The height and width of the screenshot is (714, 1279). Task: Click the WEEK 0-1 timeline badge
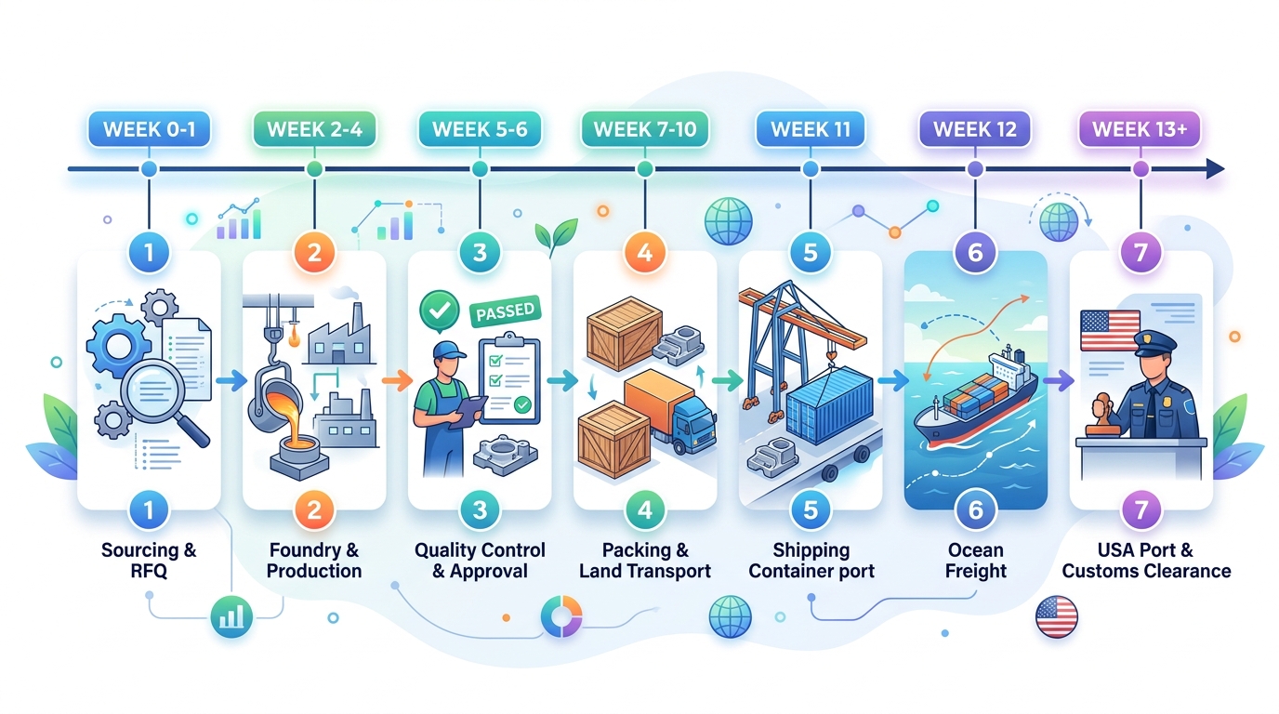coord(149,129)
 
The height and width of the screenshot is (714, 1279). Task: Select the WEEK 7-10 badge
coord(644,129)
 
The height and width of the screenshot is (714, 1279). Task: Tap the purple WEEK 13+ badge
coord(1140,129)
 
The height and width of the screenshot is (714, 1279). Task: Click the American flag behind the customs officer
coord(1110,331)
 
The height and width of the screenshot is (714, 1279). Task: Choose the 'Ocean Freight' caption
coord(976,561)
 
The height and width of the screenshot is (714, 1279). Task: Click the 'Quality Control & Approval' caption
coord(480,561)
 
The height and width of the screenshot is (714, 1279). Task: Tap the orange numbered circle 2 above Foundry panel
coord(314,252)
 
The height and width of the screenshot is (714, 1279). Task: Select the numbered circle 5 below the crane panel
coord(811,509)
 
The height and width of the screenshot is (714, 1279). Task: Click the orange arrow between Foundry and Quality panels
coord(396,379)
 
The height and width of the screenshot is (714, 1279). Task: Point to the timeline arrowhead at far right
coord(1214,169)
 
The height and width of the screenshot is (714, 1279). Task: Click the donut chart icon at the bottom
coord(561,616)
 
